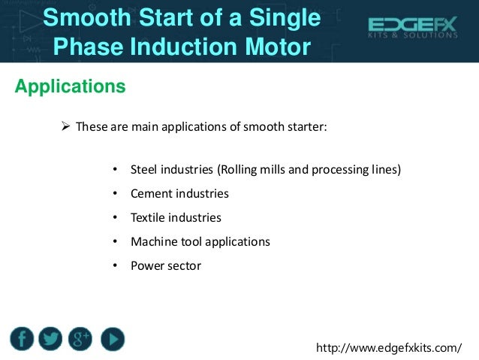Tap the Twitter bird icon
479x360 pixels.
pos(51,340)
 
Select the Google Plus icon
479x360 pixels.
pos(80,340)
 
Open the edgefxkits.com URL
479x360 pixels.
pos(389,349)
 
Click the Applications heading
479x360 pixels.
pos(70,87)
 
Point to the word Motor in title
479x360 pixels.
pos(273,47)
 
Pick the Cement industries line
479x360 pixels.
pos(179,194)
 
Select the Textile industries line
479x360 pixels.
pos(176,218)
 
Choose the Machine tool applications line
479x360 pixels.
pos(200,242)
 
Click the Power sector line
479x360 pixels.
pos(166,266)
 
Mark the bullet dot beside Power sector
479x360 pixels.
pos(114,266)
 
